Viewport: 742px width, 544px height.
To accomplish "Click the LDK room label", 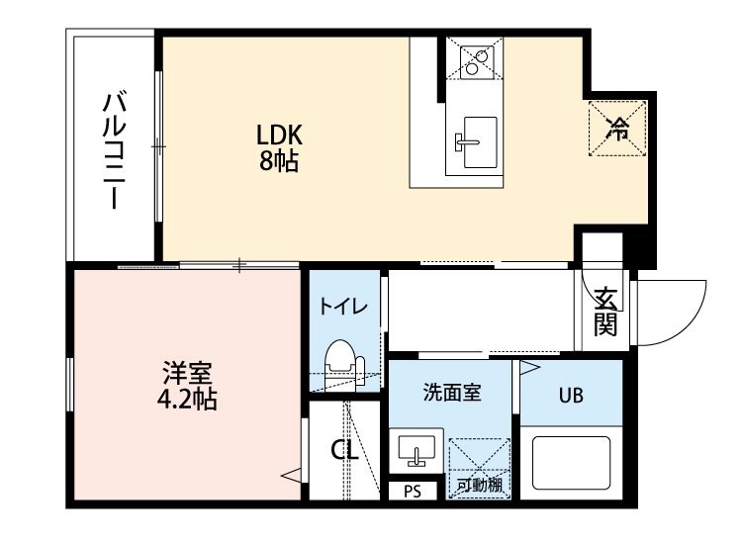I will pos(279,136).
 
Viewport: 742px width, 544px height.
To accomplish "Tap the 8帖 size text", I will pos(279,160).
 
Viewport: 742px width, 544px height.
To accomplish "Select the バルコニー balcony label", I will pos(111,149).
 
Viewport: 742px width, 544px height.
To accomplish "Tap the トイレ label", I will pos(343,307).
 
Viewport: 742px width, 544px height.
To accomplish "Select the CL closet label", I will pos(343,451).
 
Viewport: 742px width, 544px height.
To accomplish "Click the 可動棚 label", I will pos(479,486).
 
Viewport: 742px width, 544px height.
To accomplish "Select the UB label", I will pos(571,396).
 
